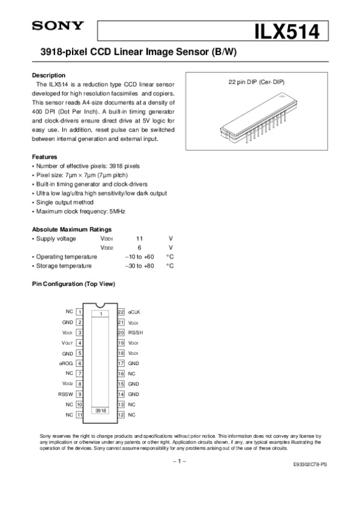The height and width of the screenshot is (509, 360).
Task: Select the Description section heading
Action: [48, 76]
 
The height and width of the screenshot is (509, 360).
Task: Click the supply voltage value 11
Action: [140, 239]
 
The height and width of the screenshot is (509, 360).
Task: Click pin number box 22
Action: [121, 312]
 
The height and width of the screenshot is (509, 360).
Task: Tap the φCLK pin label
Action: [134, 312]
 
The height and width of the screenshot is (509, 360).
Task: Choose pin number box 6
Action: [79, 363]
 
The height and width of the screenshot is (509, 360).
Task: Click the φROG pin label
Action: [66, 363]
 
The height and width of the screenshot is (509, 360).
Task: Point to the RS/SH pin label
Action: [136, 333]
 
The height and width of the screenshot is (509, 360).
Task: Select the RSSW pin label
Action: [65, 394]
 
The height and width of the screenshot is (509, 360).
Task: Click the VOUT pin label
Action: [67, 343]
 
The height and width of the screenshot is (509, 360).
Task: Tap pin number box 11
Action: [79, 414]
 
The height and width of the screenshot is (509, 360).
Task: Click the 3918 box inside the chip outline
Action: [101, 410]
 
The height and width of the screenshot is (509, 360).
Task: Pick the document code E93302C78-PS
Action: [310, 465]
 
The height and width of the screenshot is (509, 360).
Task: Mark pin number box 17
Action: [121, 363]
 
